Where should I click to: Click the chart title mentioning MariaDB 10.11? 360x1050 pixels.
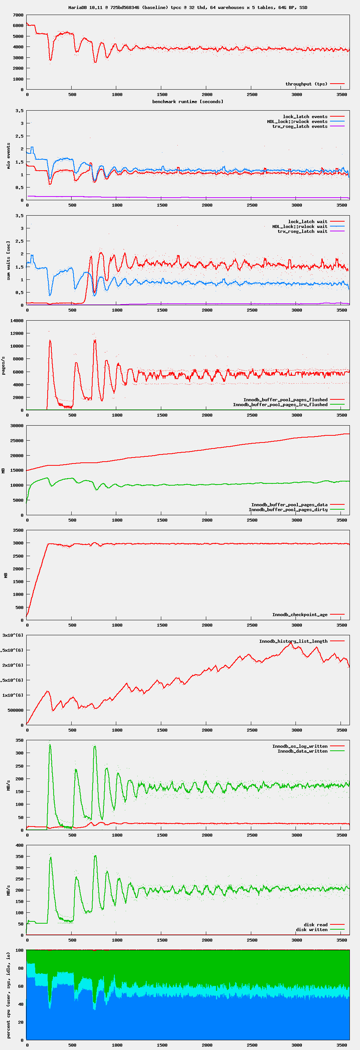(x=187, y=7)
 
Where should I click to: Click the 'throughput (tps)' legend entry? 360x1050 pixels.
(x=306, y=84)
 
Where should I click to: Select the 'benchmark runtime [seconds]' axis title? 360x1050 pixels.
(x=187, y=102)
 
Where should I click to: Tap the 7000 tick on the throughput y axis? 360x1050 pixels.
(x=18, y=15)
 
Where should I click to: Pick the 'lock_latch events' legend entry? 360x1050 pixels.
(x=305, y=117)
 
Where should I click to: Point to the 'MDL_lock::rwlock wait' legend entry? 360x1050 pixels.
(x=300, y=226)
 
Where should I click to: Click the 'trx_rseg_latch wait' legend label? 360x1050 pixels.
(x=302, y=231)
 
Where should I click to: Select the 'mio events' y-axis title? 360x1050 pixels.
(x=9, y=156)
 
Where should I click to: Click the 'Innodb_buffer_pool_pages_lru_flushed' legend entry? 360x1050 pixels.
(x=280, y=405)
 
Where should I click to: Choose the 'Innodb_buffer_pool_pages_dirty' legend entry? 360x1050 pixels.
(x=288, y=510)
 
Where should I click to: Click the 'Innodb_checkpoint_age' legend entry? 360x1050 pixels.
(x=300, y=615)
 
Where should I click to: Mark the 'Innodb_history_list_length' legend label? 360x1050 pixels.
(x=293, y=641)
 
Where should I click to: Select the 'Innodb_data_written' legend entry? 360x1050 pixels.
(x=302, y=751)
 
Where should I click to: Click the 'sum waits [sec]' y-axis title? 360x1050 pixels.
(x=9, y=261)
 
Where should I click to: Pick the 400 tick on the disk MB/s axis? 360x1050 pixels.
(x=19, y=845)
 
